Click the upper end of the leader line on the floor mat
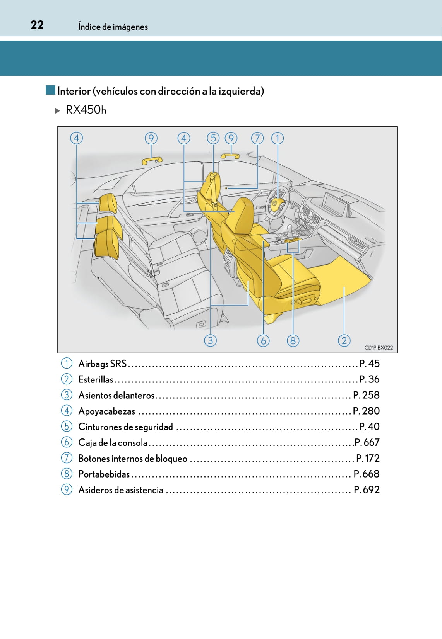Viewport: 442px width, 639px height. (x=344, y=287)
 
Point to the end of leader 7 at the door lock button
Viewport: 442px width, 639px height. (x=228, y=188)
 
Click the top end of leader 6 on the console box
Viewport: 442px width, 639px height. (x=263, y=241)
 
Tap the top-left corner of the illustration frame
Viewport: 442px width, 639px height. (x=57, y=127)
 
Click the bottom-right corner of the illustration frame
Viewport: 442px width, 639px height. (x=397, y=353)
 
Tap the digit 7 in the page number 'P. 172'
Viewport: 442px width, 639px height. (x=372, y=458)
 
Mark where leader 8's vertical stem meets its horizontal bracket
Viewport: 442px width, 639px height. (x=293, y=252)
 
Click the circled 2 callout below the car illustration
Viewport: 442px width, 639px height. (x=344, y=341)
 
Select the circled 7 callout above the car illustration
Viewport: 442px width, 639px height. (x=257, y=138)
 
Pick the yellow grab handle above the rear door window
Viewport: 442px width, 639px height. (x=152, y=161)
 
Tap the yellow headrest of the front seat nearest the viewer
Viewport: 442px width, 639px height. (x=241, y=215)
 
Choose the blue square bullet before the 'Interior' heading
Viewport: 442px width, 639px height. (x=50, y=90)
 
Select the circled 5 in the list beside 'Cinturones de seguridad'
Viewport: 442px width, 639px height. (x=67, y=427)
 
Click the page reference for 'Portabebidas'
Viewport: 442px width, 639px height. (x=367, y=474)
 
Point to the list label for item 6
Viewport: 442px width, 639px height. (x=113, y=442)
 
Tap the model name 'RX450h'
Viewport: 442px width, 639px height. (x=86, y=110)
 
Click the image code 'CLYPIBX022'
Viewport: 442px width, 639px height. (x=379, y=347)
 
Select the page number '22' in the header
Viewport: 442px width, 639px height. (x=37, y=25)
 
